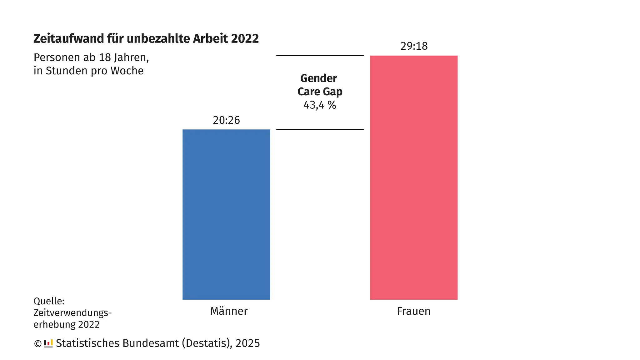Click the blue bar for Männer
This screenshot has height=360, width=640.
click(x=226, y=214)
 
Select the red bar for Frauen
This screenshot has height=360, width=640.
click(x=414, y=177)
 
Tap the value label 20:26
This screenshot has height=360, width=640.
click(x=226, y=120)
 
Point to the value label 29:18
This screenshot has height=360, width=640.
click(x=414, y=46)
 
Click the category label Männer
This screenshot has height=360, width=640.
click(x=229, y=311)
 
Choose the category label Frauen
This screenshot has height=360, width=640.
click(x=414, y=311)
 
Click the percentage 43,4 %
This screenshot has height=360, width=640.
click(x=320, y=105)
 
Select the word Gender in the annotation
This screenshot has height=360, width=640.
click(x=319, y=78)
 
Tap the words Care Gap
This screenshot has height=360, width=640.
click(x=320, y=92)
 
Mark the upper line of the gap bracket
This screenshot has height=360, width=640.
click(x=320, y=56)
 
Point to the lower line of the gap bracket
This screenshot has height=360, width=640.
click(x=320, y=129)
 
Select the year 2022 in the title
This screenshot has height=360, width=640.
click(x=245, y=39)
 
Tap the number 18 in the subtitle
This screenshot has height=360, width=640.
click(x=105, y=57)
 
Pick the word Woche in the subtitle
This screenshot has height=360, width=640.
click(x=127, y=71)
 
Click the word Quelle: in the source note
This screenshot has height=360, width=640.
click(x=49, y=301)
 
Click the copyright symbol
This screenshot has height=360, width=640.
click(x=37, y=344)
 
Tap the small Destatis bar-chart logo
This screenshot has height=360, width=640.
click(x=48, y=343)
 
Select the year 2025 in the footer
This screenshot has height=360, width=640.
click(x=247, y=343)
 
